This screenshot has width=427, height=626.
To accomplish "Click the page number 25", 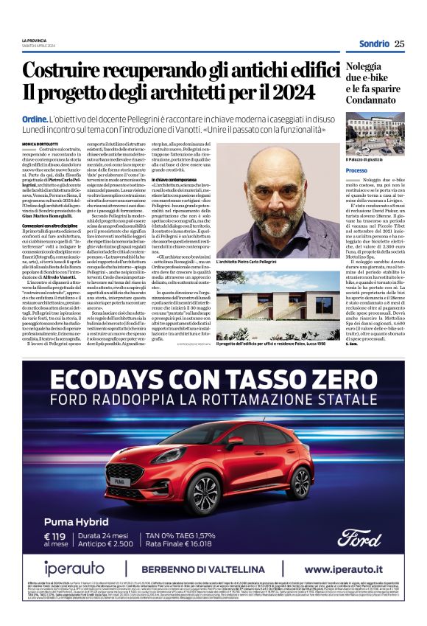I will pyautogui.click(x=399, y=44).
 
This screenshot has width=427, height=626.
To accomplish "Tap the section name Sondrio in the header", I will pyautogui.click(x=373, y=44).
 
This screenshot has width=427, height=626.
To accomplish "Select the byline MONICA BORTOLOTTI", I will pyautogui.click(x=41, y=144).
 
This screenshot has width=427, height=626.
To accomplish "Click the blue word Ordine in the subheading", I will pyautogui.click(x=35, y=119).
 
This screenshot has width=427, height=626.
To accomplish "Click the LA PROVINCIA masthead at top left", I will pyautogui.click(x=34, y=40).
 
